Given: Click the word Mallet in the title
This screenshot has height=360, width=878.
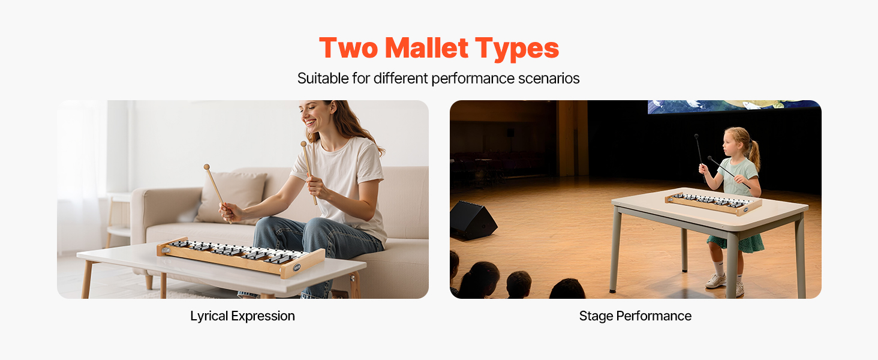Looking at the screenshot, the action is (x=426, y=48).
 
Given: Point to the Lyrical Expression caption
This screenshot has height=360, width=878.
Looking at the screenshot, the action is (x=243, y=316).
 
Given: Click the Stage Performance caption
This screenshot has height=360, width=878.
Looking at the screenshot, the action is (x=635, y=316).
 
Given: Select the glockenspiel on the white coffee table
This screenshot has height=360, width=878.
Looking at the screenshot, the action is (x=241, y=257).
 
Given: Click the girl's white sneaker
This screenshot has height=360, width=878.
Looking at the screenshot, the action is (x=715, y=281).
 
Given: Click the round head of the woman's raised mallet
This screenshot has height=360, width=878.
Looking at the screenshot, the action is (x=303, y=144).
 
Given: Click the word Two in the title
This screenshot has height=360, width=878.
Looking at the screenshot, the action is (x=349, y=48).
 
